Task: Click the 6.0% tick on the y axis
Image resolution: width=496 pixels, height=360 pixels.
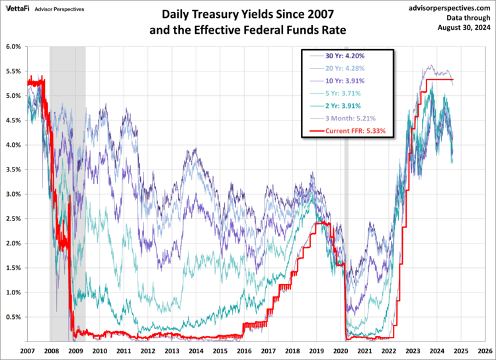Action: tap(13, 46)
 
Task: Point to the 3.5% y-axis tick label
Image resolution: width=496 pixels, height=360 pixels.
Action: tap(13, 169)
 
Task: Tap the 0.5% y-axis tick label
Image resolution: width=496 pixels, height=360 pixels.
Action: tap(13, 317)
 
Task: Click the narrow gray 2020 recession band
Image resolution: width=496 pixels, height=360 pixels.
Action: tap(346, 199)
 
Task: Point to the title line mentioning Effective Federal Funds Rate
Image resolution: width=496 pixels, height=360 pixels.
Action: tap(249, 29)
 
